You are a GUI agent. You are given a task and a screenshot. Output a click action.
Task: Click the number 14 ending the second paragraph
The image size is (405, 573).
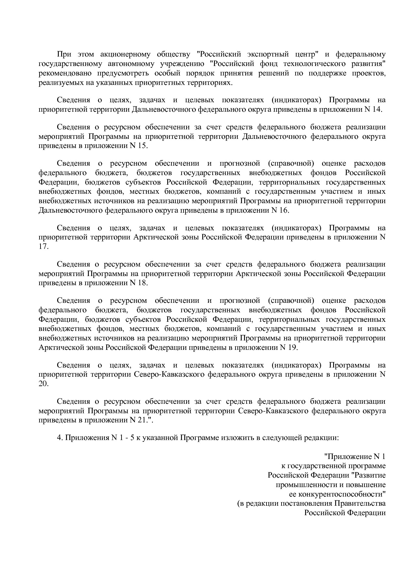click(376, 109)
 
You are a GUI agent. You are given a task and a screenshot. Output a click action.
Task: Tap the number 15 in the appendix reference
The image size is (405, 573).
click(142, 146)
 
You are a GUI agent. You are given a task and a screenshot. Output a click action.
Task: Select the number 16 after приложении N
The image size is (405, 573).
click(283, 210)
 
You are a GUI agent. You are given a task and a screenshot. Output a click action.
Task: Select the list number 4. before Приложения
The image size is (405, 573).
click(60, 438)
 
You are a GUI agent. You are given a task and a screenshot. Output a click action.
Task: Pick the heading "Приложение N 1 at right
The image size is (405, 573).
click(355, 456)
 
